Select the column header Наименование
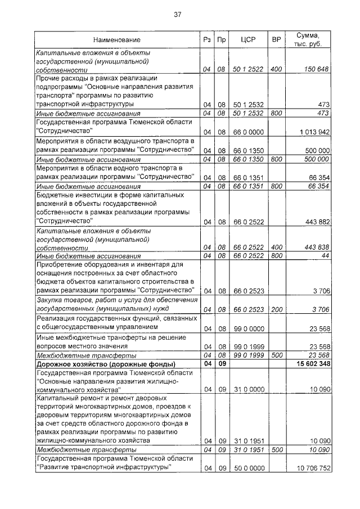tap(117, 40)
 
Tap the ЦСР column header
tap(248, 40)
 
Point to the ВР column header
tap(276, 40)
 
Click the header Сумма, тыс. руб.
tap(308, 40)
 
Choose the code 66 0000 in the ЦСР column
tap(248, 132)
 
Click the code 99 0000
tap(248, 328)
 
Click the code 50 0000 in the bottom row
tap(248, 468)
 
